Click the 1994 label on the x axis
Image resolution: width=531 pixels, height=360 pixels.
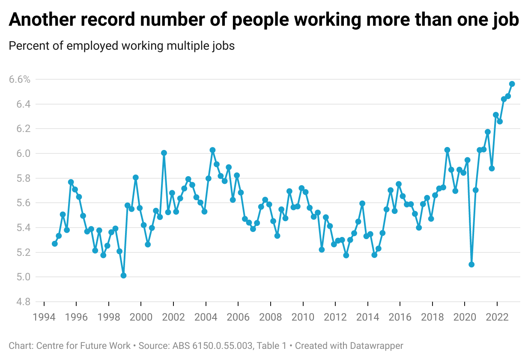44,317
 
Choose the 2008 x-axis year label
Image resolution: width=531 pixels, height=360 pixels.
271,317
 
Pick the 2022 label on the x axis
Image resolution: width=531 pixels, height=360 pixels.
497,317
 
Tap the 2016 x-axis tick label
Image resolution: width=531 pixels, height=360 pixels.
400,317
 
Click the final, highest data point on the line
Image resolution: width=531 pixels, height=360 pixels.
512,84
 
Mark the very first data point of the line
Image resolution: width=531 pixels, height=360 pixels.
55,243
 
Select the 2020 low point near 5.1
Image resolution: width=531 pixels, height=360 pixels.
471,264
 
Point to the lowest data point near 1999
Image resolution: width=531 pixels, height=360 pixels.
123,275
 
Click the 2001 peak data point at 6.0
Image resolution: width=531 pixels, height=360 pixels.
164,153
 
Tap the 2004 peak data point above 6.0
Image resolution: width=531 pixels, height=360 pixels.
212,150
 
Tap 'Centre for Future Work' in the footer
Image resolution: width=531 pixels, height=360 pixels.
83,345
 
